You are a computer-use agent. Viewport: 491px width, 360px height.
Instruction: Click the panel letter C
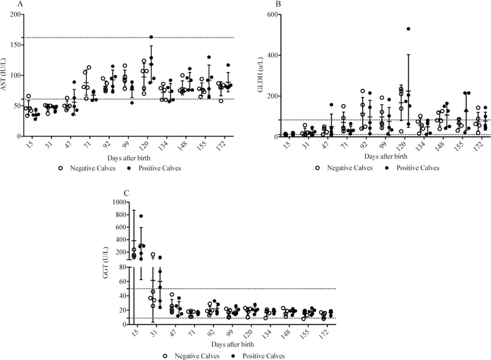(126, 192)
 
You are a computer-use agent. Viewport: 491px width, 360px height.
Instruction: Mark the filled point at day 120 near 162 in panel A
(151, 37)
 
